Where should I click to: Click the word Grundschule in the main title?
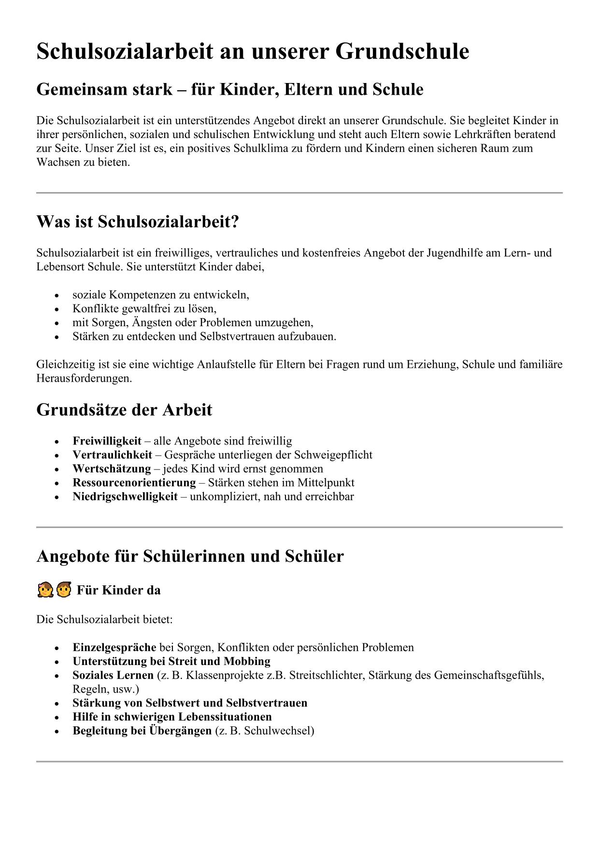(402, 52)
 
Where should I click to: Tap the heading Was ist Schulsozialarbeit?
(138, 222)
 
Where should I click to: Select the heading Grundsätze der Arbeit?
(124, 410)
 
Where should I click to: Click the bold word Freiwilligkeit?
(107, 441)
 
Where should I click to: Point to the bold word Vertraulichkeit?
(112, 455)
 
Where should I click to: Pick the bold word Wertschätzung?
(112, 469)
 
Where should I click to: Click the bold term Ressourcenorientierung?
(134, 483)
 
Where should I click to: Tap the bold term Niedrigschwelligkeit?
(125, 497)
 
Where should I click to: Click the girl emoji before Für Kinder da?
(44, 590)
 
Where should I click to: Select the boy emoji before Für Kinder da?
(63, 590)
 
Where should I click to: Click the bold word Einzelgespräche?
(114, 647)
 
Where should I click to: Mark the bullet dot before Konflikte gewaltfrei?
(57, 309)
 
